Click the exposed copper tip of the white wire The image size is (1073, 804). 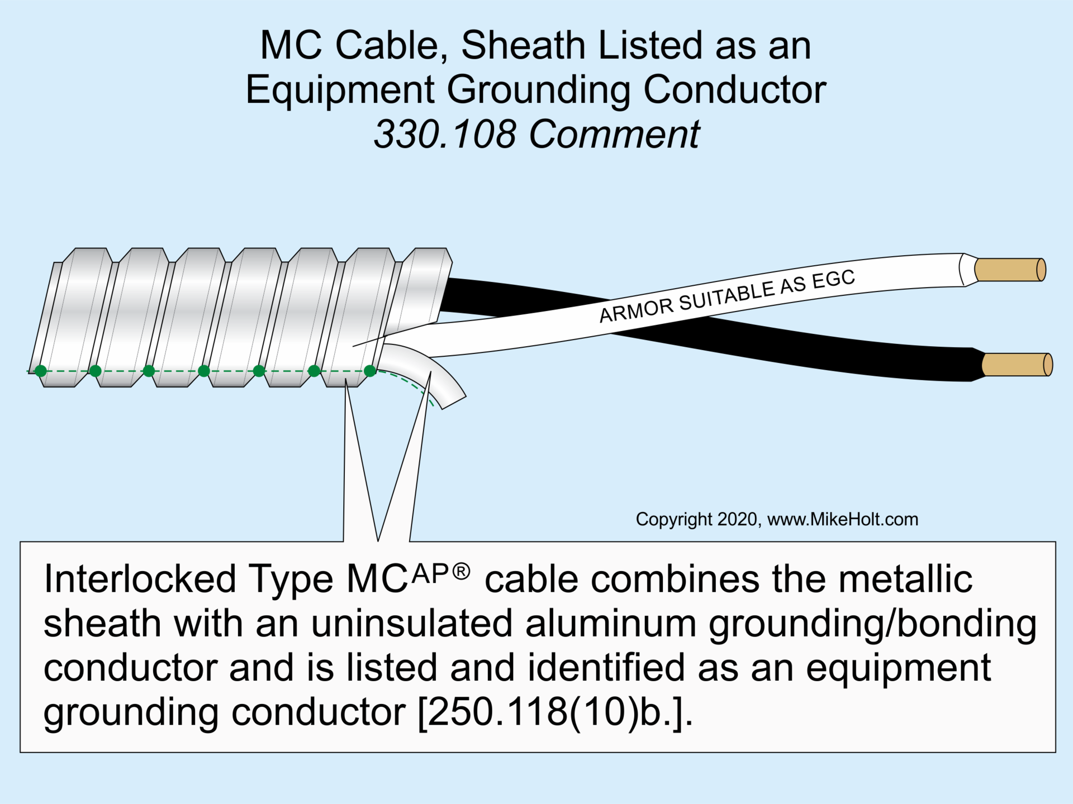pos(1009,270)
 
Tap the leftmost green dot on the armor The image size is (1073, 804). pos(41,371)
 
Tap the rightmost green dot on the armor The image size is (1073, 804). pos(370,371)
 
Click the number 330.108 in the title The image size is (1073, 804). pos(445,135)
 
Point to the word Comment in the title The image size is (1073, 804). pos(614,135)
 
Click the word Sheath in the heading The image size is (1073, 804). pos(523,45)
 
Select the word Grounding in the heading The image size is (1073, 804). pos(539,90)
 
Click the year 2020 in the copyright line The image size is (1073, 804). pos(737,519)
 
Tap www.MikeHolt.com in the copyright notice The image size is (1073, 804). pos(842,519)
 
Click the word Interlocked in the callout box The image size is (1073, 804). pos(140,579)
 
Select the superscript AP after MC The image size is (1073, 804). pos(430,574)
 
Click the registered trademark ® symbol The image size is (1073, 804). pos(461,572)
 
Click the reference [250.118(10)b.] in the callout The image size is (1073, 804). pos(556,712)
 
